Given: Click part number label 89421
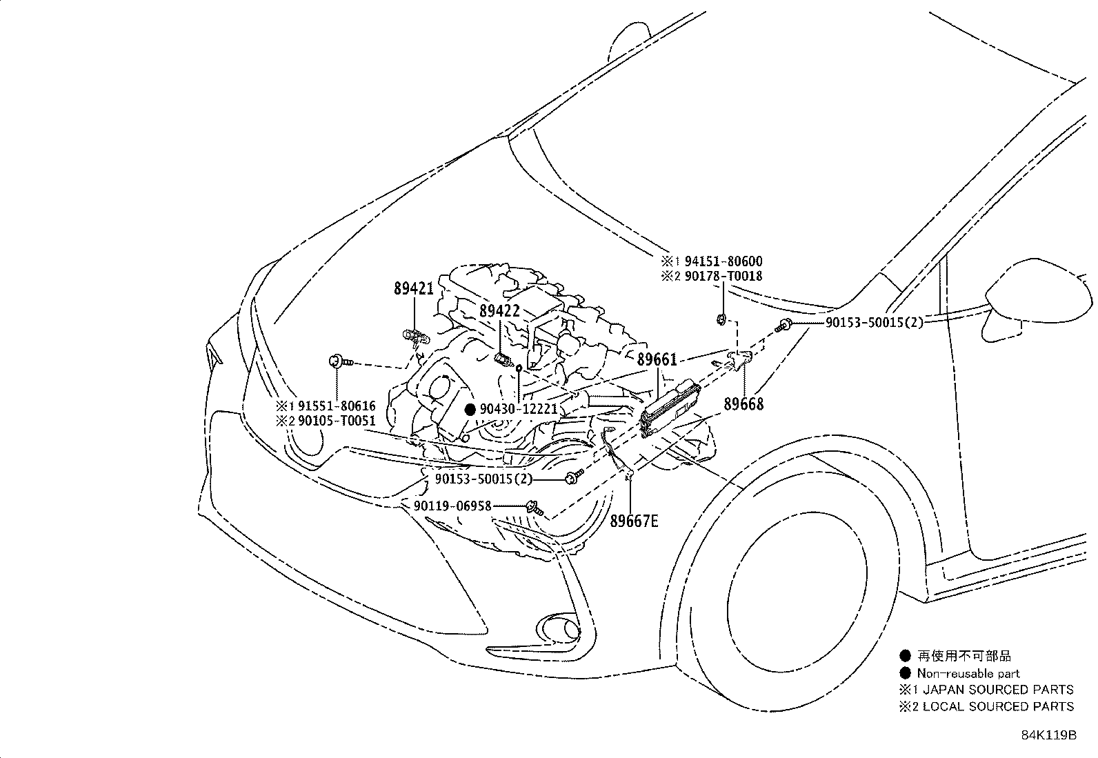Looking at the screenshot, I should [x=414, y=290].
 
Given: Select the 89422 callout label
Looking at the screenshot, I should [x=499, y=311].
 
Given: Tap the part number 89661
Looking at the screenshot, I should [x=657, y=359].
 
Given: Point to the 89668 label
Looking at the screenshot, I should [x=743, y=404].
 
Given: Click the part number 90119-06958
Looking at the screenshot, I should [x=452, y=506].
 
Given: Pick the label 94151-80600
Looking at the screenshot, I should [x=723, y=261].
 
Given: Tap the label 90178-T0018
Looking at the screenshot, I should [x=723, y=277].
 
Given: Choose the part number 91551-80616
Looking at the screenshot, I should [x=337, y=406].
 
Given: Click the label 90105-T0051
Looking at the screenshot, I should [x=337, y=421].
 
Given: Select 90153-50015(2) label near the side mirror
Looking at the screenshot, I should [x=874, y=323].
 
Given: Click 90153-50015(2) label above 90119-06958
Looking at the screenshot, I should [x=483, y=479].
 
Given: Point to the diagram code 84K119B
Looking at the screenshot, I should [x=1048, y=735].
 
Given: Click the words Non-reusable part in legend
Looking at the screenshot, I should [x=968, y=673].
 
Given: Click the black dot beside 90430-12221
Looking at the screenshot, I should [x=470, y=410].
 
